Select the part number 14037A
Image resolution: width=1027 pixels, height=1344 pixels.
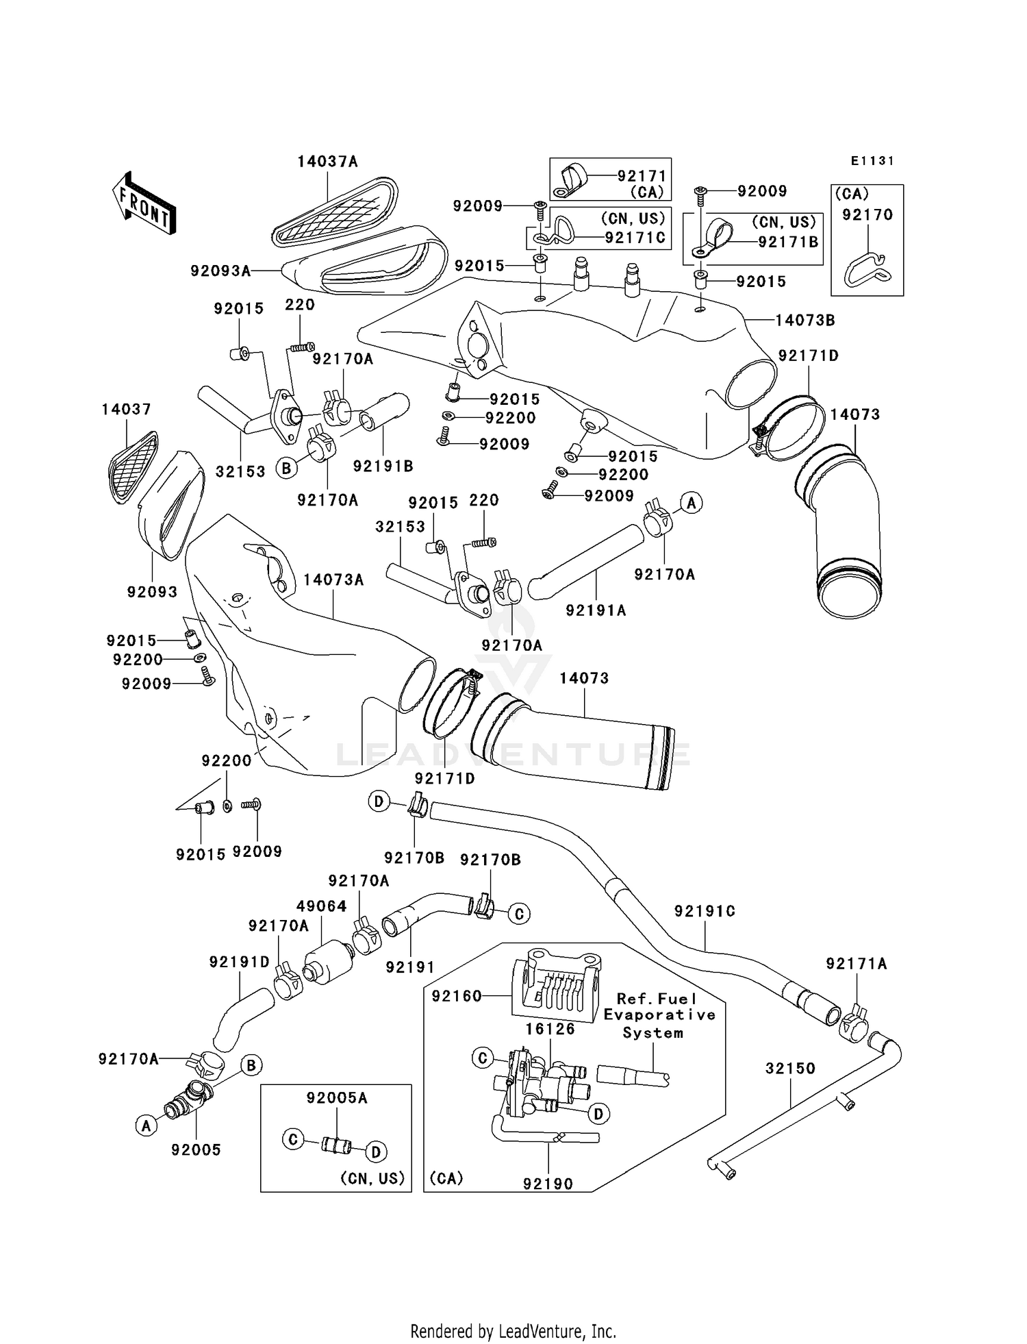[x=327, y=162]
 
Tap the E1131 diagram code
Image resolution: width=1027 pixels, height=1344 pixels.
[x=872, y=161]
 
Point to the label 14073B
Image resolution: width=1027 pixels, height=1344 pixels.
[x=805, y=321]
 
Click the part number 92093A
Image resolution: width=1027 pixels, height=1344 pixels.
[x=220, y=271]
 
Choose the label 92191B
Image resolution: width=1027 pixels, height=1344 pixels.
[x=383, y=466]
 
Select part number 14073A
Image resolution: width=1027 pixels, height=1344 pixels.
[x=333, y=580]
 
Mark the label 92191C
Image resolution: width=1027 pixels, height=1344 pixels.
[x=705, y=911]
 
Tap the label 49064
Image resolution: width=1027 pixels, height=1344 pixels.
[x=321, y=906]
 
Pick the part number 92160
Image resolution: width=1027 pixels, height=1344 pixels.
[x=457, y=996]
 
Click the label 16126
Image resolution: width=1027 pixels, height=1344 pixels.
[x=550, y=1029]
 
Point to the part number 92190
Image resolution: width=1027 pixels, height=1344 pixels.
[x=548, y=1184]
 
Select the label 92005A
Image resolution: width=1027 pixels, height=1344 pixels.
[x=337, y=1098]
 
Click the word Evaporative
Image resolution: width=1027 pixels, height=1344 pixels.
[x=659, y=1015]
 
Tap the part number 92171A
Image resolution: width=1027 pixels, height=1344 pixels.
[x=856, y=964]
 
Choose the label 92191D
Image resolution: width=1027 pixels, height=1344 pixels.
[x=240, y=962]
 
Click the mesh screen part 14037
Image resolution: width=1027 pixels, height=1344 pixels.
[x=133, y=467]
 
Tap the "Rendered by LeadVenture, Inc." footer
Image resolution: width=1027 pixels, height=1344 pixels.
[x=513, y=1332]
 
